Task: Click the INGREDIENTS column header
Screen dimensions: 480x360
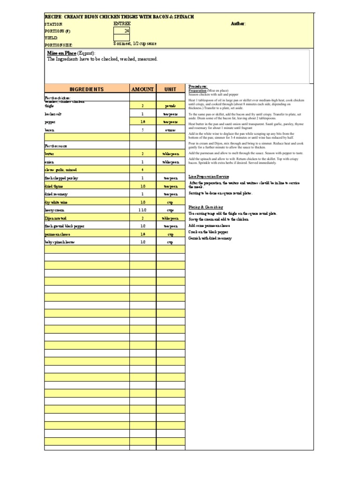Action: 87,89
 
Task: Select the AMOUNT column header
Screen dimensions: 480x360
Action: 142,89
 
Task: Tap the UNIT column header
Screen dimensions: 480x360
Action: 170,89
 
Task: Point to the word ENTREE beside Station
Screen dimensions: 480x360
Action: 122,23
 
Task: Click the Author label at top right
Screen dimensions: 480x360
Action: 238,24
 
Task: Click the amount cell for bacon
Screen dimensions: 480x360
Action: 142,130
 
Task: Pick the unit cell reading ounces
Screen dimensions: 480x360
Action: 170,130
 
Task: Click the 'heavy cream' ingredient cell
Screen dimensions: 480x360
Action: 87,210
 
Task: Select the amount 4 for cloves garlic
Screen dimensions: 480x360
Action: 142,170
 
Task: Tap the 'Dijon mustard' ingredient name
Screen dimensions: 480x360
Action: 87,218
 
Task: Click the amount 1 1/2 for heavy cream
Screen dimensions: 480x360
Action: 142,210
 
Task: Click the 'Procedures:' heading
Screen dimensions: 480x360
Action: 198,87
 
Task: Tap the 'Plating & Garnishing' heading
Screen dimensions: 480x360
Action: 206,207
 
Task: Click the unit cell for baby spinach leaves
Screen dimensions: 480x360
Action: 170,242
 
